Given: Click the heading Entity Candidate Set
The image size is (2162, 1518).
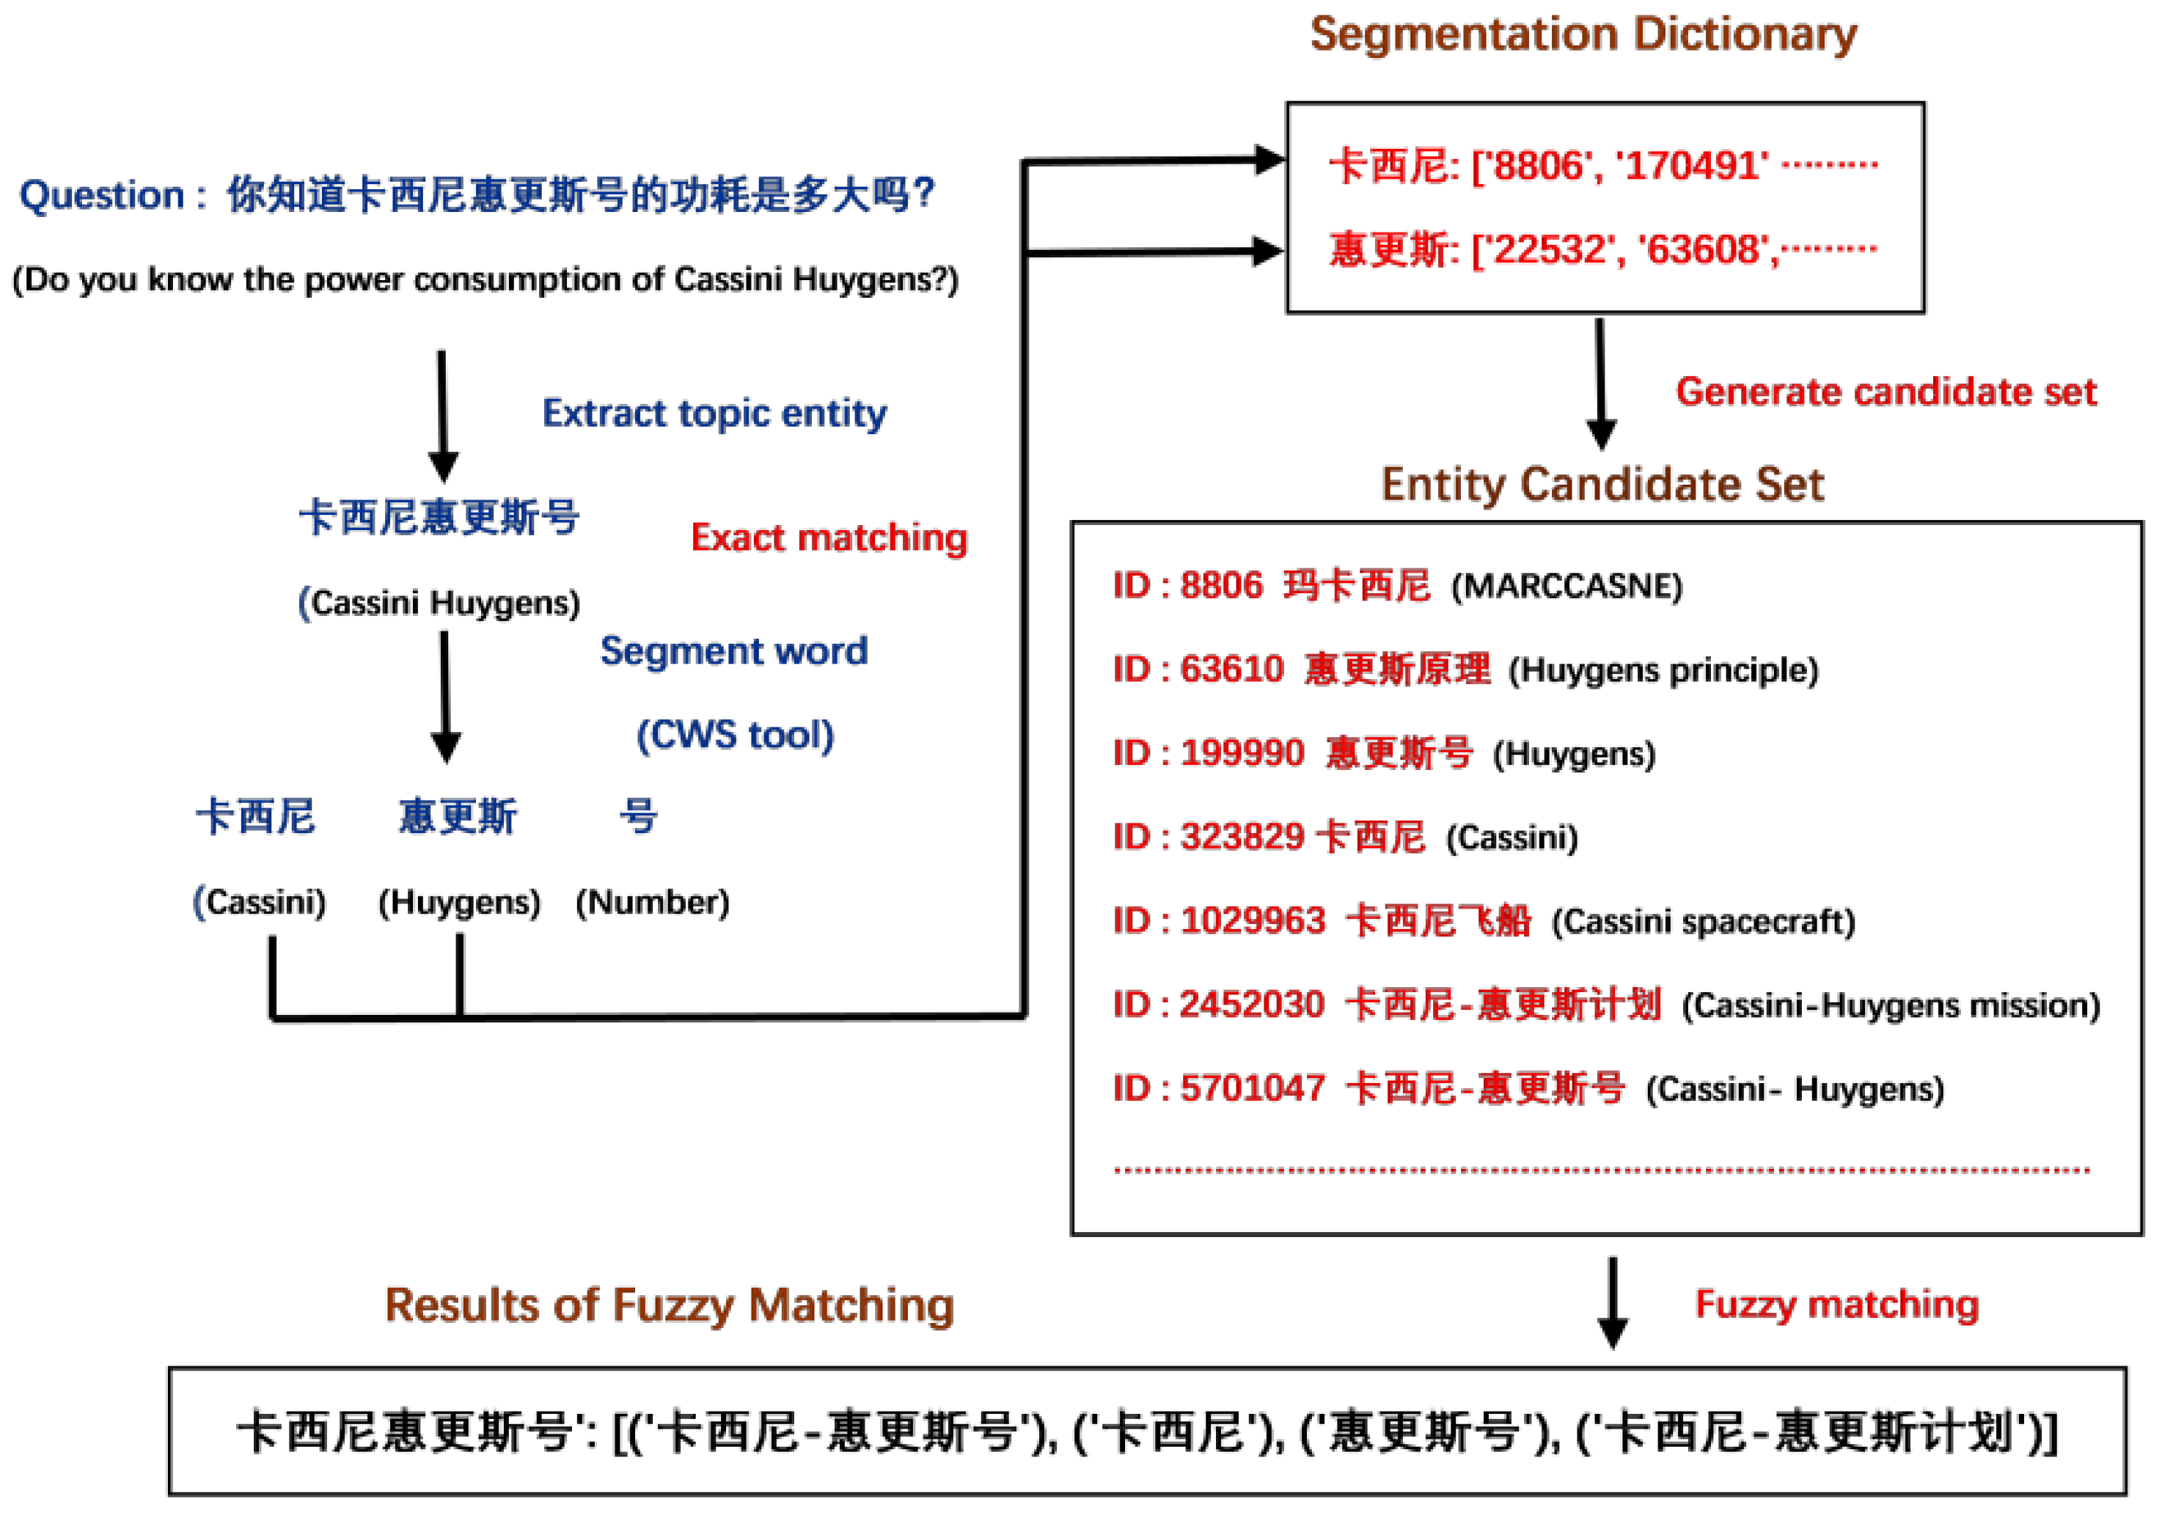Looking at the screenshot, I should tap(1602, 485).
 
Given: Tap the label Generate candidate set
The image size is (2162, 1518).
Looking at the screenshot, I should tap(1886, 392).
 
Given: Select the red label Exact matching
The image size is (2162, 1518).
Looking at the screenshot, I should tap(829, 538).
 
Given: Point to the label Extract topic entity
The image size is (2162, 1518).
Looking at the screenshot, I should tap(714, 414).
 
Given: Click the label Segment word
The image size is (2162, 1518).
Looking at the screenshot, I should tap(733, 650).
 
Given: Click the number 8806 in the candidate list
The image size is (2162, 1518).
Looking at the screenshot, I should tap(1220, 586).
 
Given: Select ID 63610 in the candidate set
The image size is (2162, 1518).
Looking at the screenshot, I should tap(1231, 670).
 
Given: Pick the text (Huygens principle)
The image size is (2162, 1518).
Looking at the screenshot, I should tap(1663, 670).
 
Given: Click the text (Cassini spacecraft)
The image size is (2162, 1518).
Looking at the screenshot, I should tap(1702, 922).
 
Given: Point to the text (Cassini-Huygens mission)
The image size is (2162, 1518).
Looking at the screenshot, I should tap(1891, 1005).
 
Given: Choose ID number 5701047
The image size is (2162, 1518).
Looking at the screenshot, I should tap(1253, 1088).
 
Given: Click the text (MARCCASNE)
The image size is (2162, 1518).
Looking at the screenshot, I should tap(1566, 587).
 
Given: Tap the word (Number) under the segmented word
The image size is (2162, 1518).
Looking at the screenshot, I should tap(652, 902).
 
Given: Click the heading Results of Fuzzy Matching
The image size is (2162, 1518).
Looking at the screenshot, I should tap(670, 1306).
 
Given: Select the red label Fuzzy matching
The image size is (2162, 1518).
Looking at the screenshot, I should tap(1836, 1305).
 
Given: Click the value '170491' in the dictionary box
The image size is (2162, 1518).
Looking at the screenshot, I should tap(1691, 166).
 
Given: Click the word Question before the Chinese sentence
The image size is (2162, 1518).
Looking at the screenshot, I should tap(102, 196).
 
